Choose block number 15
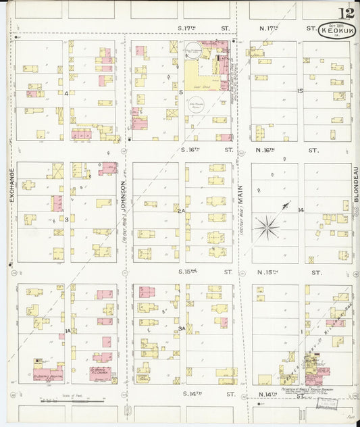300,91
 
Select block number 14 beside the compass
301,210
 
